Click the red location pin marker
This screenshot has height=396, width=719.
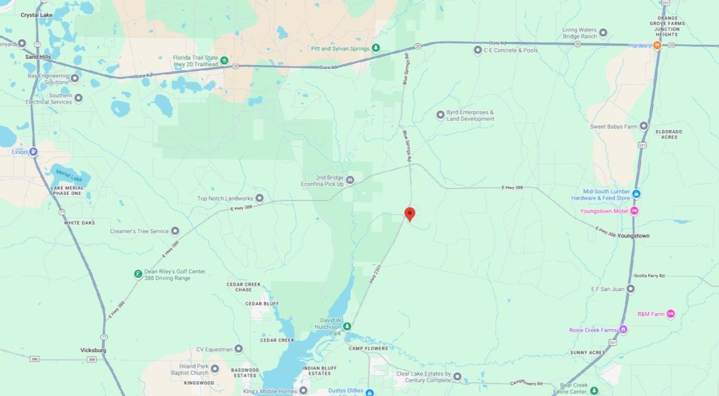coord(410,214)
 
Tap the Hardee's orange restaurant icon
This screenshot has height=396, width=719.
coord(657,46)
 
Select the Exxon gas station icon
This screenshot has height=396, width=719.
coord(34,152)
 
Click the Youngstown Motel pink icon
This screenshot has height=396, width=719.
coord(635,211)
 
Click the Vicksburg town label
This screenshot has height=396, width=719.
coord(93,350)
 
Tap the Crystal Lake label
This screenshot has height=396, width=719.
coord(37,15)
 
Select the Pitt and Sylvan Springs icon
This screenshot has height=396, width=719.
coord(376,47)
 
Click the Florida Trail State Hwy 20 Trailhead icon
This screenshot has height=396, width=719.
coord(223,59)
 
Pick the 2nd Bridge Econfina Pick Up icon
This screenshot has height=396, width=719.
coord(351,180)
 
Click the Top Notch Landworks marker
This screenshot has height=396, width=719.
coord(259,198)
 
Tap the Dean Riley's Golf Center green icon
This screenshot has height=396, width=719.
coord(138,274)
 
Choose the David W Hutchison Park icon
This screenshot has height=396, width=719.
coord(348,326)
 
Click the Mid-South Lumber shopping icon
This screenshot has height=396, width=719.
coord(636,194)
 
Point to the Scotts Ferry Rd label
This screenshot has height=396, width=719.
coord(649,276)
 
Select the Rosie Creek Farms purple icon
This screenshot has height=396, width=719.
coord(623,329)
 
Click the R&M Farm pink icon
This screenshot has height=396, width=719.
coord(670,314)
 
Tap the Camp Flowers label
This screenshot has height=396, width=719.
coord(368,348)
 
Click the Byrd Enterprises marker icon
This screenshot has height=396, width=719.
coord(440,114)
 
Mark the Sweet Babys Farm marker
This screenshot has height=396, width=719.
coord(644,126)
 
